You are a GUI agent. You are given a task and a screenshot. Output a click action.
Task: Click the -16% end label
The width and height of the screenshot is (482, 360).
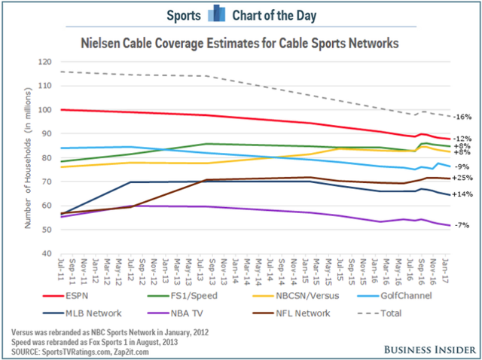[462, 117]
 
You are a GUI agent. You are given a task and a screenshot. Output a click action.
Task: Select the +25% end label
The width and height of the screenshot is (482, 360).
[462, 178]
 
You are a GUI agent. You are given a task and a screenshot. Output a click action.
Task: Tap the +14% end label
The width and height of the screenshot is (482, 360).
[462, 194]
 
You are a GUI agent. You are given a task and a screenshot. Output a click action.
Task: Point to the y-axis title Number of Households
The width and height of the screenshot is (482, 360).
[25, 157]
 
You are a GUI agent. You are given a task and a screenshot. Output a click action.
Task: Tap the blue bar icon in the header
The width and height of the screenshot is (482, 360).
[240, 14]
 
